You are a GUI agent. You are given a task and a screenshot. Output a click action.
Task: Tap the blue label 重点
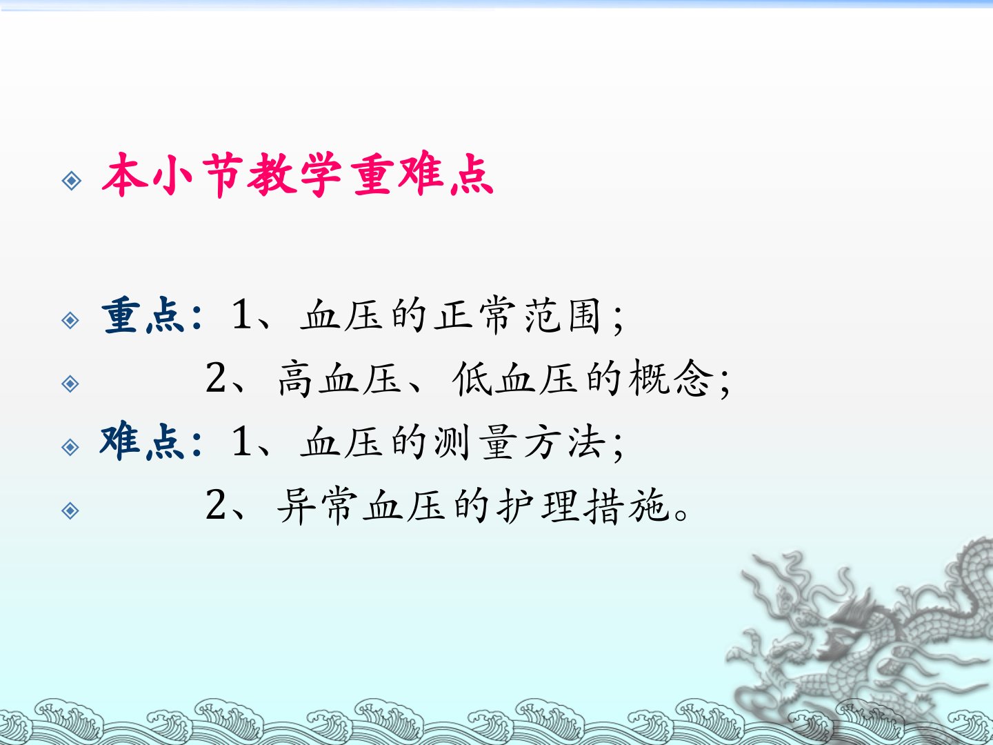click(143, 315)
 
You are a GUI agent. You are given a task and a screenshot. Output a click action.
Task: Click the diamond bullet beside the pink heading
click(72, 181)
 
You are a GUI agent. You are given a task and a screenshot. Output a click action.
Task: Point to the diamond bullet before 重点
click(70, 320)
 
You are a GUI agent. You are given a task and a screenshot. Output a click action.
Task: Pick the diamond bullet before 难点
click(70, 447)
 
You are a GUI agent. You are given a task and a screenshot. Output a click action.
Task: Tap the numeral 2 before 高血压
click(216, 377)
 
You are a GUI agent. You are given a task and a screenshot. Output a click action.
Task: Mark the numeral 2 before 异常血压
click(216, 504)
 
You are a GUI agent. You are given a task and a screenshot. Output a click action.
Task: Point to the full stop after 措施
click(681, 515)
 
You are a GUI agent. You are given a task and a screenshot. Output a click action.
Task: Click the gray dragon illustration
click(859, 633)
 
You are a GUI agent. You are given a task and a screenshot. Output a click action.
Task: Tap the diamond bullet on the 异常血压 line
click(70, 510)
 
